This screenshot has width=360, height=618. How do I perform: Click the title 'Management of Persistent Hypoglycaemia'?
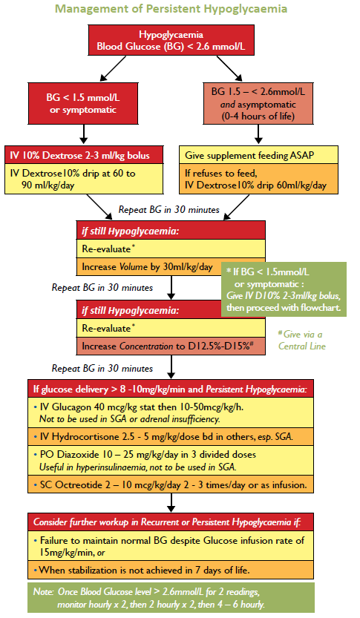180,10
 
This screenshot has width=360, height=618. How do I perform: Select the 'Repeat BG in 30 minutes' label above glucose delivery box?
102,367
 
